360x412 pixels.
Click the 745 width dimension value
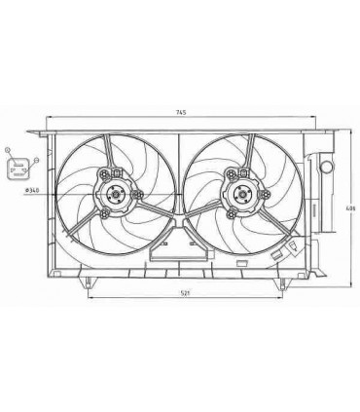point(181,114)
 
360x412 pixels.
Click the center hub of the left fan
point(115,193)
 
